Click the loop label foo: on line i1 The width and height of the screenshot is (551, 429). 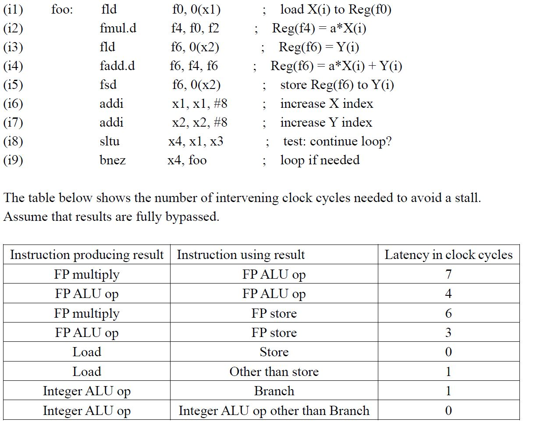tap(62, 9)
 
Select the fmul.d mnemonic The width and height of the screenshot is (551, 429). tap(118, 28)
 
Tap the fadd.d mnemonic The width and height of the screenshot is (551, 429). tap(117, 66)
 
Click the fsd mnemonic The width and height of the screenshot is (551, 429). tap(108, 85)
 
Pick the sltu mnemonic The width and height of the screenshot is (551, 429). tap(110, 141)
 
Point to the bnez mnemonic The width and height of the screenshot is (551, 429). tap(112, 160)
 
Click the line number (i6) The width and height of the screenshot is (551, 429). tap(13, 104)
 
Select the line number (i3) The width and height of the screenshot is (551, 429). tap(13, 47)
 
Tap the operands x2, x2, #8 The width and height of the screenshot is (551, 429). tap(199, 123)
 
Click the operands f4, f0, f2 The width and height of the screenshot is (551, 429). tap(195, 28)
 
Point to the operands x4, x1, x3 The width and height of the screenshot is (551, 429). tap(196, 142)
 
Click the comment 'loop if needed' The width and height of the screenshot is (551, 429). tap(320, 160)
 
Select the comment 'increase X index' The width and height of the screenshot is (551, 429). tap(327, 104)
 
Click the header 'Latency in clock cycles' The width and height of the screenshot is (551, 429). tap(448, 255)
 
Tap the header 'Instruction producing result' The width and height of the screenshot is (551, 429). tap(87, 255)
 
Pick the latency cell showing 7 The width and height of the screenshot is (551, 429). tap(448, 274)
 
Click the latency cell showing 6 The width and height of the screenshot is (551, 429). tap(448, 313)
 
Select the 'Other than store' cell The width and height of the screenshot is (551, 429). tap(274, 372)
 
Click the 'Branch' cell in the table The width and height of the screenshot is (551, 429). tap(274, 391)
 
